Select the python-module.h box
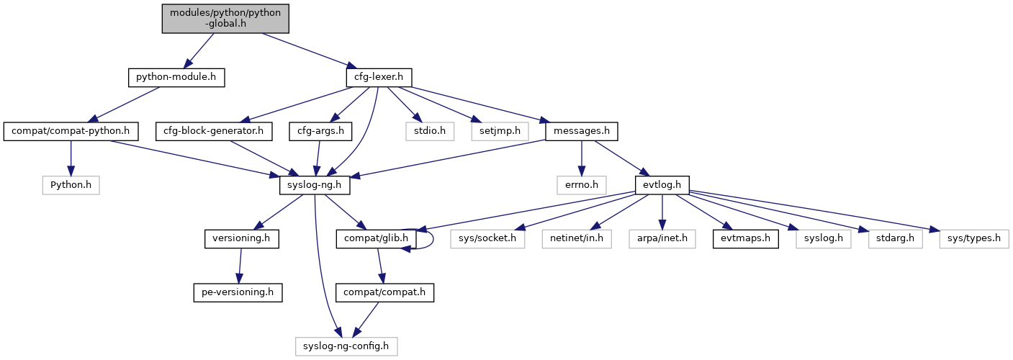pos(176,77)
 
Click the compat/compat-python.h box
pos(71,131)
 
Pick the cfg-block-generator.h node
pos(215,131)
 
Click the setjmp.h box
pos(500,131)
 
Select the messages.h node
pos(582,131)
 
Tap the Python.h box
pos(71,185)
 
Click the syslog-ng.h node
pos(315,185)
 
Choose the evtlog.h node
pos(662,185)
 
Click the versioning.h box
pos(242,238)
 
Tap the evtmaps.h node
pos(745,238)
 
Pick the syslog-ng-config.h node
pos(346,346)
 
